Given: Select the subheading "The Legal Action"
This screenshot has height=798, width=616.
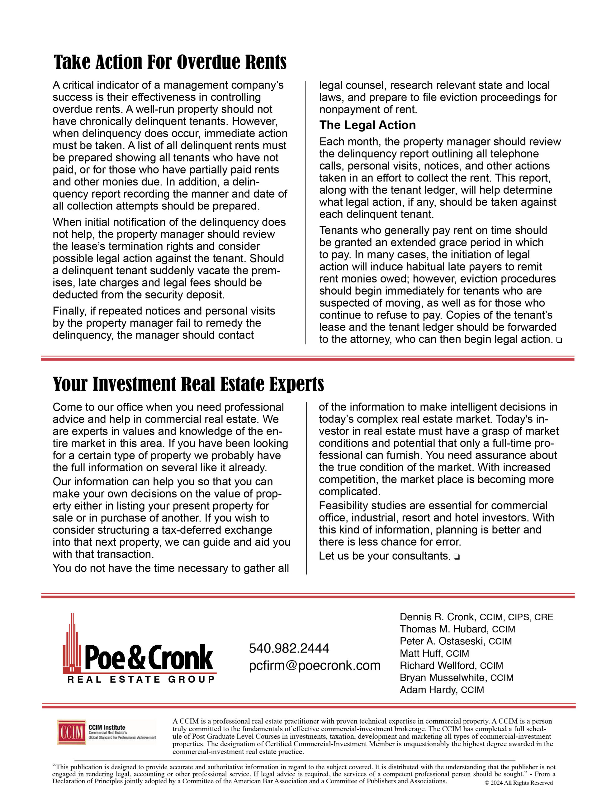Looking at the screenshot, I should [x=367, y=125].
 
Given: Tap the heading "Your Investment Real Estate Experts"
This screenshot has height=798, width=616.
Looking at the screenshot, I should [x=188, y=384].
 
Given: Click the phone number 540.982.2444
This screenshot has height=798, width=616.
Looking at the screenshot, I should [x=289, y=648].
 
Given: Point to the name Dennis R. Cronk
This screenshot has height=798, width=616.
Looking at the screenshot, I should [x=437, y=617].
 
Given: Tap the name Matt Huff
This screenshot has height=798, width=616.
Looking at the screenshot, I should [x=421, y=653].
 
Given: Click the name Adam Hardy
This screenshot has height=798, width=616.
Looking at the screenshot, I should [x=428, y=690].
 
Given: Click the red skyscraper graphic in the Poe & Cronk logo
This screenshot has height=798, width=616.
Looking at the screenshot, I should [x=72, y=643].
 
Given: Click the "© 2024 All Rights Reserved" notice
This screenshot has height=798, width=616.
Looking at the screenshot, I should [x=519, y=783].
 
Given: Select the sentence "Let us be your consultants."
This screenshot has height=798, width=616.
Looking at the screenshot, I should [x=385, y=556].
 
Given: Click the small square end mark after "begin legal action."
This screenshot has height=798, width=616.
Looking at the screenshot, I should [x=559, y=340].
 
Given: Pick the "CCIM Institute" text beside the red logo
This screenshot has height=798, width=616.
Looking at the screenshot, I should [x=107, y=728].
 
